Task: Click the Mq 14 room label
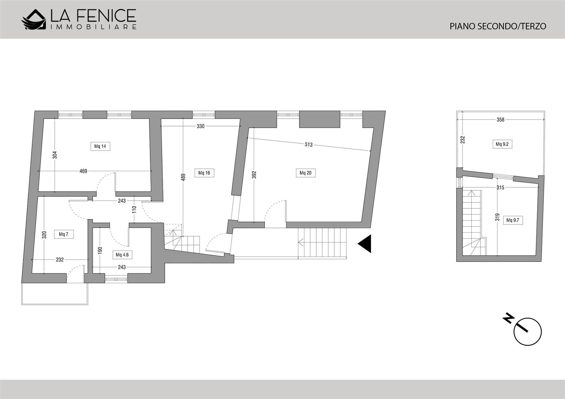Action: click(100, 146)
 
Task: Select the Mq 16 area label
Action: click(204, 173)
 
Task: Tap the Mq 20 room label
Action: click(305, 173)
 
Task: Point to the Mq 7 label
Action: click(64, 234)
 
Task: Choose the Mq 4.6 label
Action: click(122, 255)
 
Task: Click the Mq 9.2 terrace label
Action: click(502, 144)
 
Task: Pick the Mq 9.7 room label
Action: click(513, 220)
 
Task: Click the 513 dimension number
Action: click(309, 144)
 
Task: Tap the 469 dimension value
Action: click(83, 171)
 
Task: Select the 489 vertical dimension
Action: click(183, 177)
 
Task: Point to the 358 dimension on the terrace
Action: click(500, 120)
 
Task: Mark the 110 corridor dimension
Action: click(134, 210)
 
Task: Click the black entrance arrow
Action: click(365, 243)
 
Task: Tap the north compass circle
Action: click(527, 332)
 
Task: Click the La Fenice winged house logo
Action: click(34, 20)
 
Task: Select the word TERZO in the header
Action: click(532, 26)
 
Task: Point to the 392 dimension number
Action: click(254, 175)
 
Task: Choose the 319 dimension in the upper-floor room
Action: click(497, 217)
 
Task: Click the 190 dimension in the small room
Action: click(100, 250)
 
